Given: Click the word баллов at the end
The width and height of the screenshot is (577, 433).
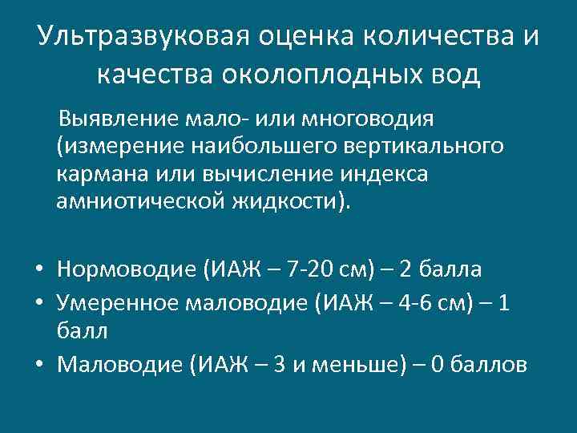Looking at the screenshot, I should (489, 365).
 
